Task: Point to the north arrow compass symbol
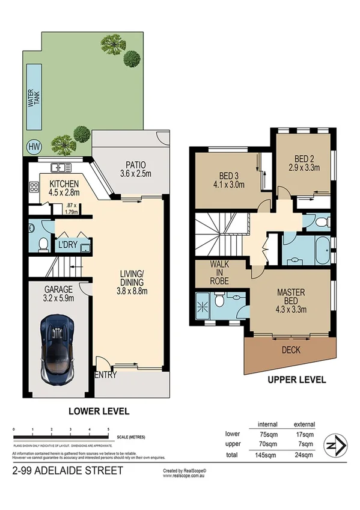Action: coord(335,446)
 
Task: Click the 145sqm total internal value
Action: coord(267,455)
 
